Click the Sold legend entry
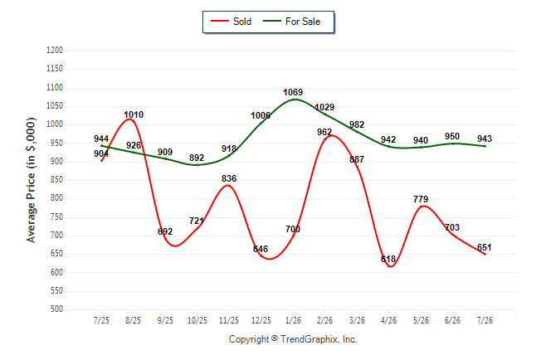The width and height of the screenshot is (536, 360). click(x=231, y=22)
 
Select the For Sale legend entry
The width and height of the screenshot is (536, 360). click(x=291, y=22)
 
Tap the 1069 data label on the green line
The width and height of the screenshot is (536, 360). click(x=293, y=92)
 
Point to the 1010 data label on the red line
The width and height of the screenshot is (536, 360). click(x=134, y=114)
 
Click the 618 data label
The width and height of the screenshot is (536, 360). click(x=388, y=259)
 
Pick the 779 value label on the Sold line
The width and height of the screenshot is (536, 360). click(x=421, y=199)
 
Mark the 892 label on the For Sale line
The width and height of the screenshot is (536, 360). click(x=197, y=158)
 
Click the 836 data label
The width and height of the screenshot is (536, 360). click(x=229, y=178)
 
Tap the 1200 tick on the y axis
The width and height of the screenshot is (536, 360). click(x=55, y=51)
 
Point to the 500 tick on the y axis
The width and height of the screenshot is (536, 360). click(x=56, y=309)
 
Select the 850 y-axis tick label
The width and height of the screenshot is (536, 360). click(x=56, y=180)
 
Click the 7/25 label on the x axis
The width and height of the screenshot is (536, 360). click(x=101, y=320)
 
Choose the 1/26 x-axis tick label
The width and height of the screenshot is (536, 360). click(x=293, y=320)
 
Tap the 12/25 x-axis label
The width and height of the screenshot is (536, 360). click(x=261, y=320)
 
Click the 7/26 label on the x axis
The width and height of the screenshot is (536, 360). click(x=485, y=320)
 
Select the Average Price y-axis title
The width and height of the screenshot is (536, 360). click(x=31, y=180)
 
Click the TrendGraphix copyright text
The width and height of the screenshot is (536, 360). click(x=293, y=339)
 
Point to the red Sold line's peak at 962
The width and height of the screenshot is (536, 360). click(x=332, y=136)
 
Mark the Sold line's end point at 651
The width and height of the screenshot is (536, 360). click(x=485, y=254)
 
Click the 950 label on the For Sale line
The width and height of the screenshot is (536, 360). click(x=452, y=136)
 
